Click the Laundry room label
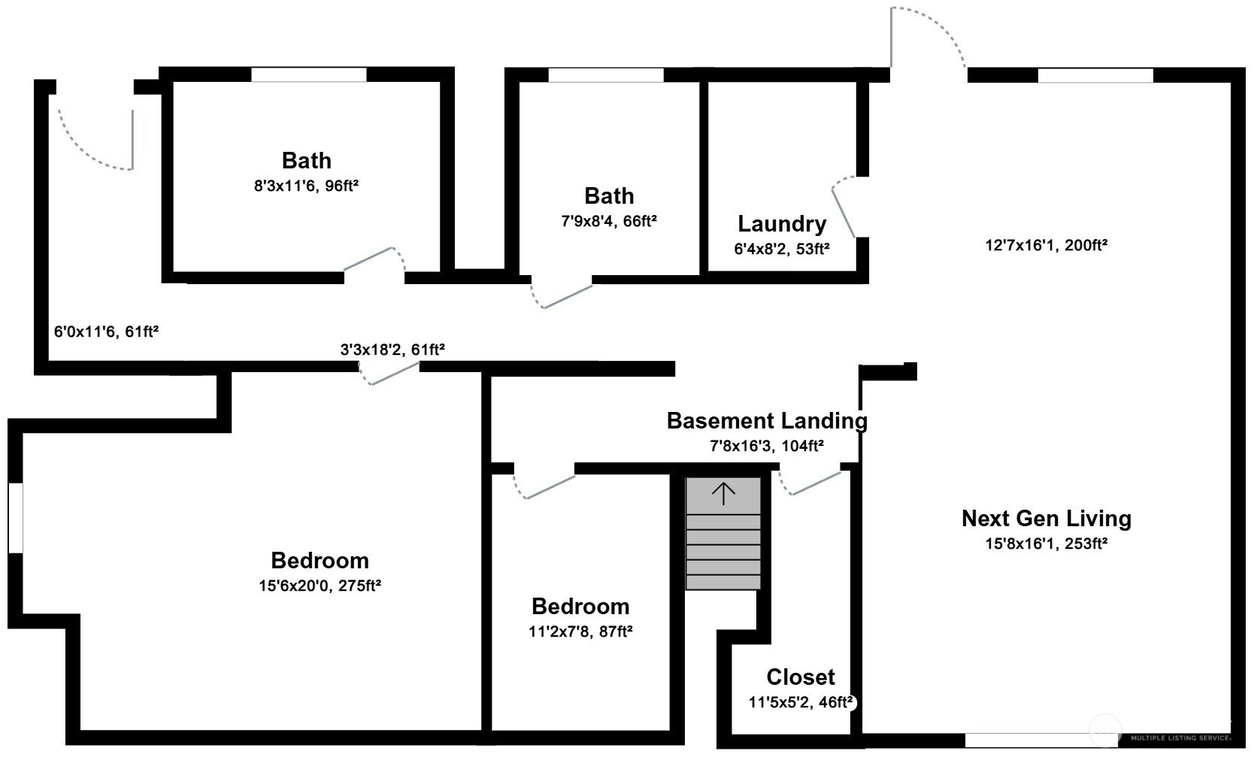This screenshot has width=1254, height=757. (782, 224)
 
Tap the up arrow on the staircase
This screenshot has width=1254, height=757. (723, 494)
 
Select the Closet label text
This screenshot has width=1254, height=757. (801, 677)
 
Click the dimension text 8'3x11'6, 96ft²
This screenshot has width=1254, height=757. (306, 186)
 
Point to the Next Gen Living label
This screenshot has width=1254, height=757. (1046, 519)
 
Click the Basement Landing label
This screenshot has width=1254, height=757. (767, 421)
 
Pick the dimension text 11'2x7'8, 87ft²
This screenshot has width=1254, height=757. (580, 632)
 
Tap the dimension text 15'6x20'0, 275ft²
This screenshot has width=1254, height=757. (320, 586)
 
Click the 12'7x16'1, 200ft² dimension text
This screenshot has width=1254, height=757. (1046, 245)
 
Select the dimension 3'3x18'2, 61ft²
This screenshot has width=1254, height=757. (392, 350)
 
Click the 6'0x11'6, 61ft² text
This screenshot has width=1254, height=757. (106, 332)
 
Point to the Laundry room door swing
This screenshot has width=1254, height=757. (844, 206)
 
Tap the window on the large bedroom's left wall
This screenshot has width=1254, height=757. (15, 519)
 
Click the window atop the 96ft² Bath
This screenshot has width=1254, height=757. (308, 75)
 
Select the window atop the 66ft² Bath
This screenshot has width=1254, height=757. (606, 75)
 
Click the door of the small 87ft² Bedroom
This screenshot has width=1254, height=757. (545, 486)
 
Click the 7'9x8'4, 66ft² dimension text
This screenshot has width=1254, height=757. (609, 221)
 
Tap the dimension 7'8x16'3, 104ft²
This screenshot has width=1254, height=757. (767, 446)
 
